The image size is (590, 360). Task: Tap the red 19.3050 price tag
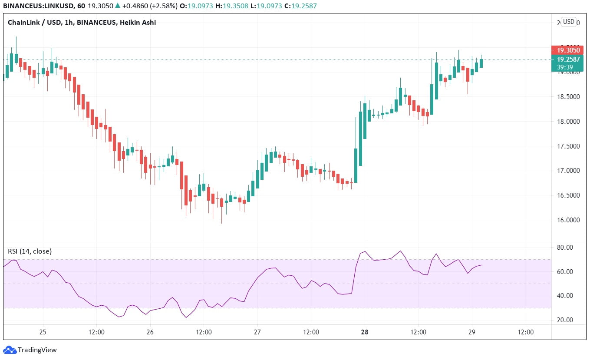567,50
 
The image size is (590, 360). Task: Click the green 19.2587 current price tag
567,59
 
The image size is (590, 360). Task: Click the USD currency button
568,22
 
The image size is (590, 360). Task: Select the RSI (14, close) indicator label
30,251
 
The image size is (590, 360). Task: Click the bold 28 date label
365,332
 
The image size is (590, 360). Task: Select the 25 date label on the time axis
43,332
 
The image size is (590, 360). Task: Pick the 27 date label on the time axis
257,332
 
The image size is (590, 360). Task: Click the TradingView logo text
37,350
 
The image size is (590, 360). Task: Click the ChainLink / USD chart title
82,23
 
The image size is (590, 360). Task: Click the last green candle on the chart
481,63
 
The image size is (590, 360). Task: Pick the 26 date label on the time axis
150,332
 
